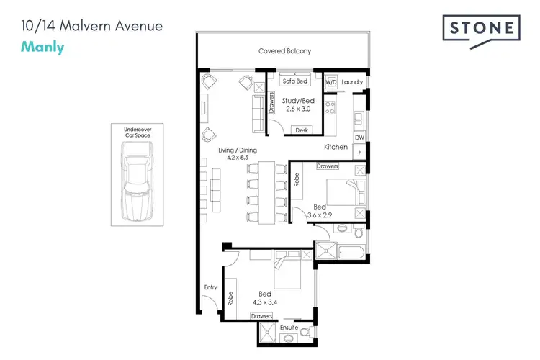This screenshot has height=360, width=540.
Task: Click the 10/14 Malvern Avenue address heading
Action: click(91, 27)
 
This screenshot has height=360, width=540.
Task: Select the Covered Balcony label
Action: click(285, 51)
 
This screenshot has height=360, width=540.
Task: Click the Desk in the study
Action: click(301, 130)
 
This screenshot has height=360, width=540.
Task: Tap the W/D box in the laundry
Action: click(331, 83)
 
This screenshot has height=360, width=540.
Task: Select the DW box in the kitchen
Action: click(359, 137)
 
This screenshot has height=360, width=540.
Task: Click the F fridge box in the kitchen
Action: click(359, 152)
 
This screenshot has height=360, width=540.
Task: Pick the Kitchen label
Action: click(336, 147)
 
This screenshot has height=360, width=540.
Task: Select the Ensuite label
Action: click(289, 327)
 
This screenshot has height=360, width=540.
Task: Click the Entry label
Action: click(210, 287)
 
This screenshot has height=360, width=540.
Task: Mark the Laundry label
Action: click(352, 83)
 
